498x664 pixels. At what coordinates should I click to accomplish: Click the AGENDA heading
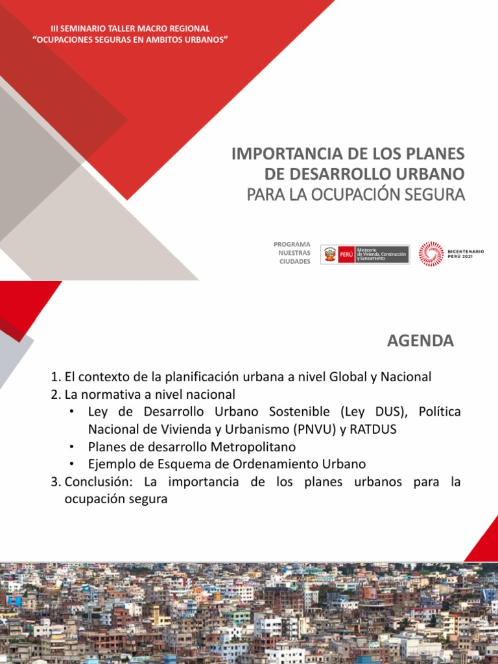coord(420,341)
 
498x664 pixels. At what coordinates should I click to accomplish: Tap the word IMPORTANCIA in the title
coord(287,154)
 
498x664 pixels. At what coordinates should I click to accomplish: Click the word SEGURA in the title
coord(434,195)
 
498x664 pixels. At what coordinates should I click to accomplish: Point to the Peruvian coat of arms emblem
coord(330,254)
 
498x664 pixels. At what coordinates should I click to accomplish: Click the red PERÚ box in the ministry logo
coord(346,255)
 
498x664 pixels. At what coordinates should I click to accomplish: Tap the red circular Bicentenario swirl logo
coord(431,254)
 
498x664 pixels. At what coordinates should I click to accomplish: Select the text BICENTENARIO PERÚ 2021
coord(466,254)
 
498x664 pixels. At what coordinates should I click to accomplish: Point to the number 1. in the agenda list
coord(56,377)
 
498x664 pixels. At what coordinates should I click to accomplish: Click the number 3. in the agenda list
coord(56,482)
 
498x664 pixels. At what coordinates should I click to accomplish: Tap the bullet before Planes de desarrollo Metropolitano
coord(73,447)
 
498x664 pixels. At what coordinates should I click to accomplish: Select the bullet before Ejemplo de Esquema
coord(73,464)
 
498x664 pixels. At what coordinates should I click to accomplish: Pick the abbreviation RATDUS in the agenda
coord(373,429)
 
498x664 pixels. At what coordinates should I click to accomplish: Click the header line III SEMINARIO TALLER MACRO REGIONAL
coord(130,29)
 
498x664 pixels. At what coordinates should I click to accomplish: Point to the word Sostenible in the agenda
coord(299,412)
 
